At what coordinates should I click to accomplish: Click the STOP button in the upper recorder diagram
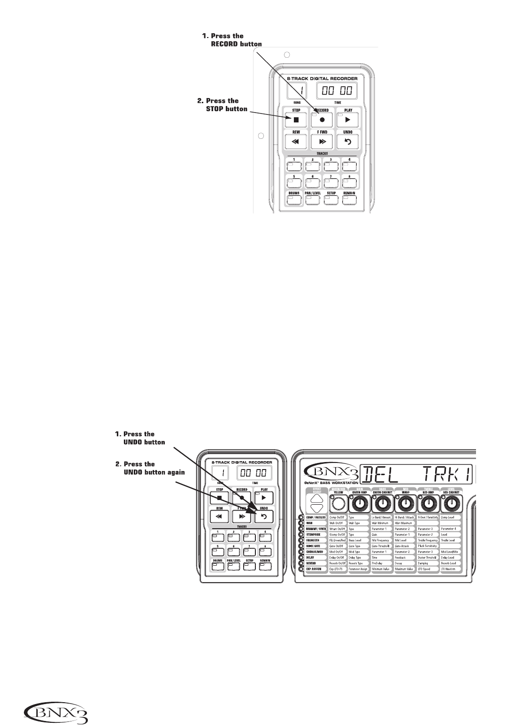point(296,119)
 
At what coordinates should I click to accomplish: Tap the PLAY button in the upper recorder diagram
point(348,119)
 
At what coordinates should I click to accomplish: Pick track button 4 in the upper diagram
point(349,166)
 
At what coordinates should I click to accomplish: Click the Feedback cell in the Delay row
point(405,557)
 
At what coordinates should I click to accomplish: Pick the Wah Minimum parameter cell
point(382,523)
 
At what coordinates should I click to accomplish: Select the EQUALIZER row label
point(315,540)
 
